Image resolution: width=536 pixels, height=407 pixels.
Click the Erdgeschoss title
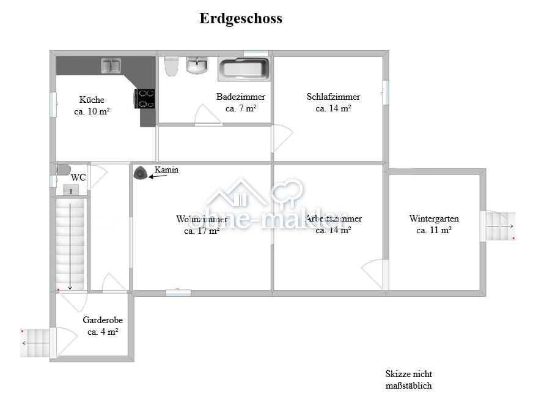tap(240, 18)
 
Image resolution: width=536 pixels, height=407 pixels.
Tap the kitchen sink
tap(111, 65)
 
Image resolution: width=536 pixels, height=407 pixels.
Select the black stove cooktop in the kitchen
tap(145, 99)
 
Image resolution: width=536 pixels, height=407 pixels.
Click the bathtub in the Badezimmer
tap(243, 69)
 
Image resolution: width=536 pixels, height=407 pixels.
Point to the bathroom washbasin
tap(197, 65)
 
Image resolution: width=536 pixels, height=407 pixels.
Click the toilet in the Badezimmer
tap(171, 66)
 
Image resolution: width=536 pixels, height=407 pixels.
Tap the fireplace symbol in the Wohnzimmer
tap(141, 174)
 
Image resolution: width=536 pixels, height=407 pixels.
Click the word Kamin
tap(166, 170)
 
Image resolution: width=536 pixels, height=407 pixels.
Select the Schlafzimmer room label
tap(333, 97)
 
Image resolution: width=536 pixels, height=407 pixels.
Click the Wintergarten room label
tap(434, 218)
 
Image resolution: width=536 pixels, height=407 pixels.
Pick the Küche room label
tap(92, 100)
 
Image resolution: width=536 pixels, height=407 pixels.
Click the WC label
tap(78, 177)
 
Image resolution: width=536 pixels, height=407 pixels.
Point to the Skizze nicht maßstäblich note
tap(408, 379)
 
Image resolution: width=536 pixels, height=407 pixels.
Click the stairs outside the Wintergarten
tap(499, 226)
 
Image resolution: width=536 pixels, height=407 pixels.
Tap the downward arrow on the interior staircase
tap(70, 245)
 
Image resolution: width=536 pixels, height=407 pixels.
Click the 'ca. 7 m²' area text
tap(240, 108)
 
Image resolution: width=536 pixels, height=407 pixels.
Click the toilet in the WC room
tap(63, 170)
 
